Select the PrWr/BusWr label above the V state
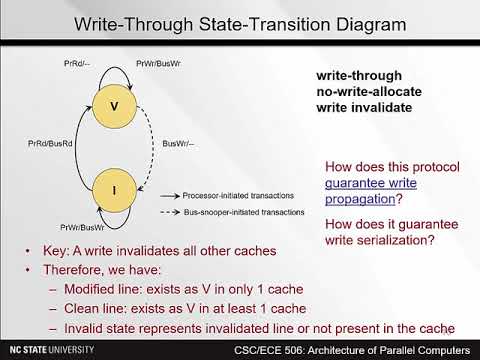click(x=155, y=64)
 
